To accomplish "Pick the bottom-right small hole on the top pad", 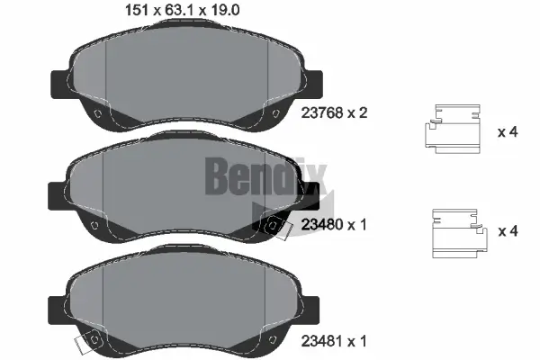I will tap(266, 113).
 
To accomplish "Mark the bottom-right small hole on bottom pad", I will tap(267, 338).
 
